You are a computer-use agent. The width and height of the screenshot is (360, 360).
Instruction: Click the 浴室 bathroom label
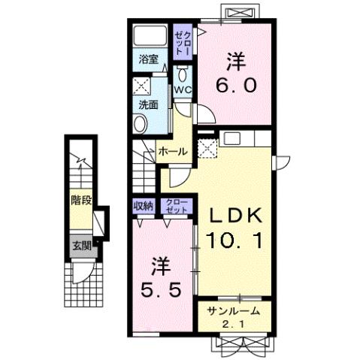(x=149, y=59)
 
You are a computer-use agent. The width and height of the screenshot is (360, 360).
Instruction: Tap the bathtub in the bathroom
(x=150, y=35)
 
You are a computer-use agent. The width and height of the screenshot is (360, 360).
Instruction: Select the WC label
(x=183, y=90)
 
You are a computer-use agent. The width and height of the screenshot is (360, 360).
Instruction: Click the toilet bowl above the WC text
(x=183, y=74)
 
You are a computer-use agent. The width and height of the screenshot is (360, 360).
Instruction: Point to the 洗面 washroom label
(x=149, y=104)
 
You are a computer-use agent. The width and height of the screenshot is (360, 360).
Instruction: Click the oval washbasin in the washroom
(x=141, y=124)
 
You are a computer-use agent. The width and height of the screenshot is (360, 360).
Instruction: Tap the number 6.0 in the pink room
(x=236, y=85)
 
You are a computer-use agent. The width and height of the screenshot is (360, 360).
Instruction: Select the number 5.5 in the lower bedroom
(x=161, y=289)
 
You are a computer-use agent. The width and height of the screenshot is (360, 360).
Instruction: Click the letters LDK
(x=236, y=215)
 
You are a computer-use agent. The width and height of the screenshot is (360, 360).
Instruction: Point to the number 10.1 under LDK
(x=234, y=241)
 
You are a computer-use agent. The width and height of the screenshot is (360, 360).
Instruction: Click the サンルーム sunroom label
(x=233, y=311)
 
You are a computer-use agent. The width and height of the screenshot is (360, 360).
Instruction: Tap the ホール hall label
(x=173, y=152)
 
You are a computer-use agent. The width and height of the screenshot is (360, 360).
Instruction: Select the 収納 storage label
(x=144, y=206)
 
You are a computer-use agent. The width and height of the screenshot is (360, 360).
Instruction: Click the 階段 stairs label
(x=81, y=200)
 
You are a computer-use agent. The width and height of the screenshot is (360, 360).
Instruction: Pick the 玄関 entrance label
(x=81, y=246)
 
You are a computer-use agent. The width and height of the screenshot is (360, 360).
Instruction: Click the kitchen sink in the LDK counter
(x=232, y=138)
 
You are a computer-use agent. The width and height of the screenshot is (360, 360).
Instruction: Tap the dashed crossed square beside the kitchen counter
(x=207, y=149)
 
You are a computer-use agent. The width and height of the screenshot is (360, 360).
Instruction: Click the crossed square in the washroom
(x=141, y=86)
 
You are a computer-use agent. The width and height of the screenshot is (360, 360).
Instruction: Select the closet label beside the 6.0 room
(x=183, y=43)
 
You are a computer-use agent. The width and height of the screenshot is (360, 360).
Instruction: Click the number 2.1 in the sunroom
(x=233, y=325)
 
